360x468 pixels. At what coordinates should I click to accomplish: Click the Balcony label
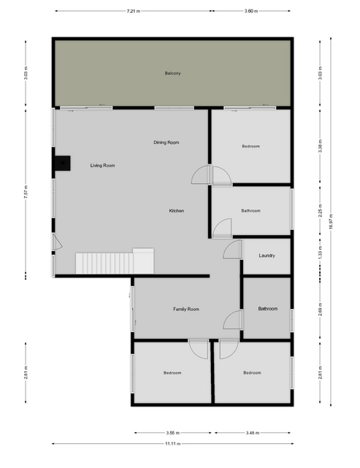click(172, 73)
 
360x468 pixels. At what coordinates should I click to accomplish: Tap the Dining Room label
click(166, 142)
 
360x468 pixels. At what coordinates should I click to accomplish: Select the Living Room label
click(102, 165)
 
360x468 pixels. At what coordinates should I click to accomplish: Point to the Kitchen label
click(177, 211)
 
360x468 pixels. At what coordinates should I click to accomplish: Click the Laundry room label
click(267, 256)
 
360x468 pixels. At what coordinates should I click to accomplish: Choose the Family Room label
click(186, 310)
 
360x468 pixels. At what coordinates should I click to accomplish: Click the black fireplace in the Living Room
click(62, 164)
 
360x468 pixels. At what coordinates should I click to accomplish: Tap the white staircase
click(115, 261)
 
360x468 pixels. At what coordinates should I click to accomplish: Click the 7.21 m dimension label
click(134, 11)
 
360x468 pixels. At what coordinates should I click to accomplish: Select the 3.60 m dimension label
click(251, 11)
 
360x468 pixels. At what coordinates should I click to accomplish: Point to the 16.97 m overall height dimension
click(331, 221)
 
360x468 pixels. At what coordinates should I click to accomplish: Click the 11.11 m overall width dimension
click(173, 443)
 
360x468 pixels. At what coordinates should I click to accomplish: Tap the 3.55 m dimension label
click(173, 432)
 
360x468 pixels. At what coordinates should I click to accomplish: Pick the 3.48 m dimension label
click(252, 432)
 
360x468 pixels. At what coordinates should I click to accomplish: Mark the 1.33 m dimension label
click(320, 253)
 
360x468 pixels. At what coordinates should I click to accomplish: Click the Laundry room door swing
click(232, 250)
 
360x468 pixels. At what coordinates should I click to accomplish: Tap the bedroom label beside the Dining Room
click(250, 146)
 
